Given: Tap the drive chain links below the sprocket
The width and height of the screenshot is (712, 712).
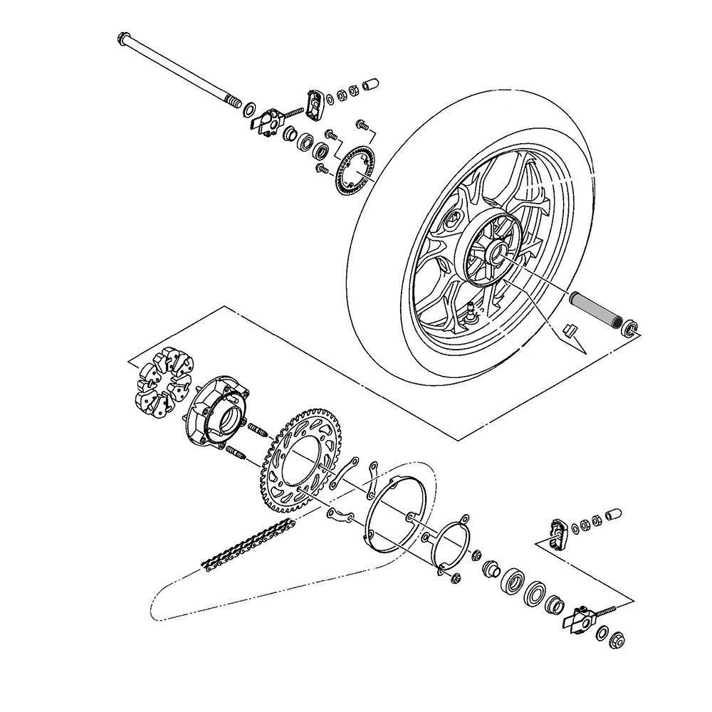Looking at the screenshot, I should [x=249, y=545].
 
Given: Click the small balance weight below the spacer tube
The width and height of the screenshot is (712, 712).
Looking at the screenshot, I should [x=568, y=330].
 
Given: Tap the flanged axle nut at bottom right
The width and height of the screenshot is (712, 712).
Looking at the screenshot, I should [x=619, y=642].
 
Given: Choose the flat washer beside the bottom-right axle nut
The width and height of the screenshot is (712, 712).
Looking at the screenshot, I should [x=603, y=632].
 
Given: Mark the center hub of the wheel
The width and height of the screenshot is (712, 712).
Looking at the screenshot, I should [x=493, y=251].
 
